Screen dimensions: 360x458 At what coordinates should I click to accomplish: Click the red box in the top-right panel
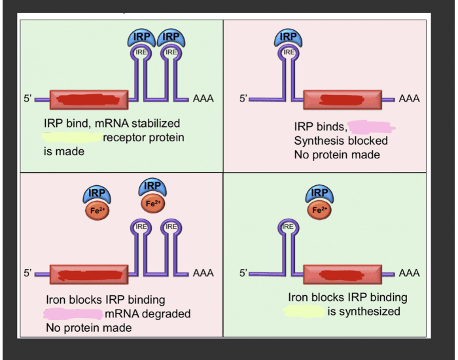click(342, 99)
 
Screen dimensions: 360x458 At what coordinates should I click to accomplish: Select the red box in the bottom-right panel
click(342, 274)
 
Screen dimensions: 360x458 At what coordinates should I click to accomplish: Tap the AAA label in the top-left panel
click(203, 99)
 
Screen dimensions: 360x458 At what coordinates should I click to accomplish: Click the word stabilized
click(156, 123)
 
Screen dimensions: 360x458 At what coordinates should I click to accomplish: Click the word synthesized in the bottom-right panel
click(364, 311)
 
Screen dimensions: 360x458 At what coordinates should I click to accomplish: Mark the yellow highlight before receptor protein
click(71, 137)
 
